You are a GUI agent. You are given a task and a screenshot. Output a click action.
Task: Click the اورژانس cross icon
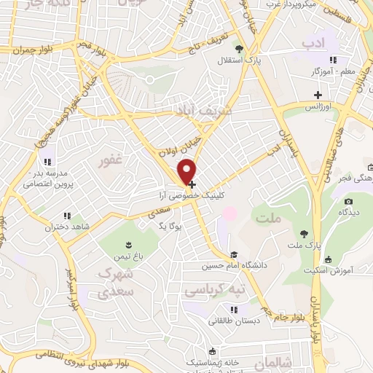pyautogui.click(x=318, y=94)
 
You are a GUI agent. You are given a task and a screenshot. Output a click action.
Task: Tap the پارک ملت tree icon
pyautogui.click(x=304, y=234)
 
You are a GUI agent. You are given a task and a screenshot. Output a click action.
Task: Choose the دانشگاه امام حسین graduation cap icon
pyautogui.click(x=234, y=254)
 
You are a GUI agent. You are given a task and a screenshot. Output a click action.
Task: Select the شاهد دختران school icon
pyautogui.click(x=68, y=216)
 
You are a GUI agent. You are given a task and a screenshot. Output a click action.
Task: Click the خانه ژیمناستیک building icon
pyautogui.click(x=211, y=350)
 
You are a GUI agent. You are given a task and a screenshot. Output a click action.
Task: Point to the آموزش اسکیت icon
pyautogui.click(x=329, y=259)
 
